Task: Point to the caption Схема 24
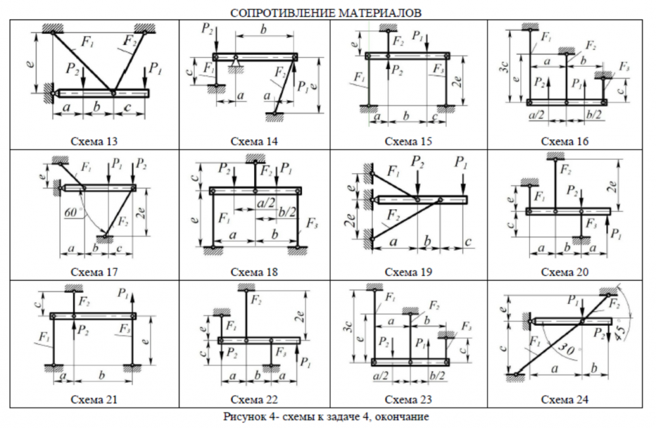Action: pos(565,399)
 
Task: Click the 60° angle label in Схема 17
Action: pos(72,214)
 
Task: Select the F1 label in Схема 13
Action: pos(87,43)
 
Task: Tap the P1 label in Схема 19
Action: pos(463,163)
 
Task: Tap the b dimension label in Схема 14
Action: pos(264,30)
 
